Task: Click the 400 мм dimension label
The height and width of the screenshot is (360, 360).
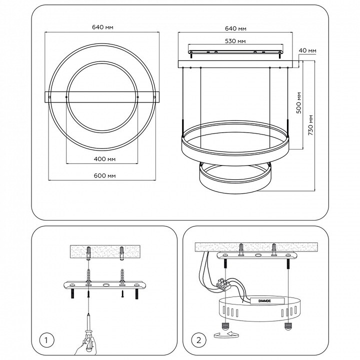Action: click(104, 159)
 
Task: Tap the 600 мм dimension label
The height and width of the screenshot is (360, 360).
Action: click(104, 175)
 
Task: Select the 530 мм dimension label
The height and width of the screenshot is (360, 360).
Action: click(235, 41)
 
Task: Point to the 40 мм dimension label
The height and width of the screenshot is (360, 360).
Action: click(307, 50)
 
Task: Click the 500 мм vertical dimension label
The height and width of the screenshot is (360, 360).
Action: click(298, 102)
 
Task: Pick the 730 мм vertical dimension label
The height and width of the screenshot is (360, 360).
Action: click(310, 125)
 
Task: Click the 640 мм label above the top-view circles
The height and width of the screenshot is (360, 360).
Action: click(102, 27)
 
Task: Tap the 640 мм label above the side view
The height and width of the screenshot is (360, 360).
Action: click(235, 28)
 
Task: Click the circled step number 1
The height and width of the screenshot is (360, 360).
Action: click(46, 340)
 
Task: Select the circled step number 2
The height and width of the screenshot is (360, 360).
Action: click(199, 340)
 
